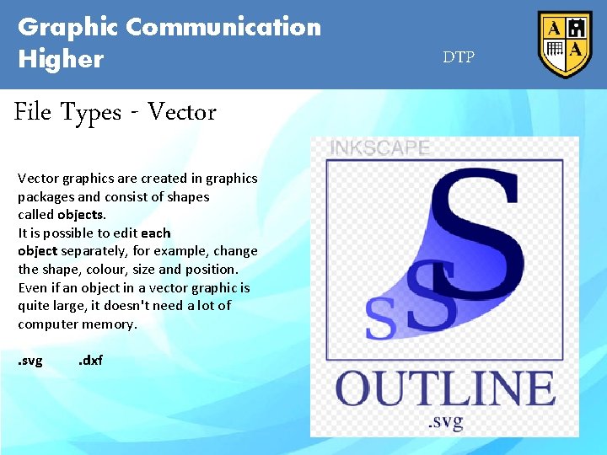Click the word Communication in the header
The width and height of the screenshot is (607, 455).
pos(223,27)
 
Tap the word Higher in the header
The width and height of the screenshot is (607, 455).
pos(61,59)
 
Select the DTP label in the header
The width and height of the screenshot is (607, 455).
pos(459,57)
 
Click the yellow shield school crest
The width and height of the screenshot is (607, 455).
pos(564,44)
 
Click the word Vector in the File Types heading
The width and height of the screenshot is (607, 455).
pos(181,112)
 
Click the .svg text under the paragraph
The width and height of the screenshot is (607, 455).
pos(30,361)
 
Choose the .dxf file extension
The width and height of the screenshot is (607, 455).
pos(90,361)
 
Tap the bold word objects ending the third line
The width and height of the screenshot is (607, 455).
pos(81,215)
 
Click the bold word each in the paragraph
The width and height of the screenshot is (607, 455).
pos(156,233)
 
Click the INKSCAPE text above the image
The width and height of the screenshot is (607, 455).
pos(379,148)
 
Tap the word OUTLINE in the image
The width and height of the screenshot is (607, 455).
pos(445,389)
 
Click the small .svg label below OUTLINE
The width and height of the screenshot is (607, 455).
pos(444,420)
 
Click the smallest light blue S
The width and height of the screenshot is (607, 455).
pos(379,318)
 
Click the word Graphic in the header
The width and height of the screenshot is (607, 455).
pos(68,27)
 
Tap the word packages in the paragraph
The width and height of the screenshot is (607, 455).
pos(46,196)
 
